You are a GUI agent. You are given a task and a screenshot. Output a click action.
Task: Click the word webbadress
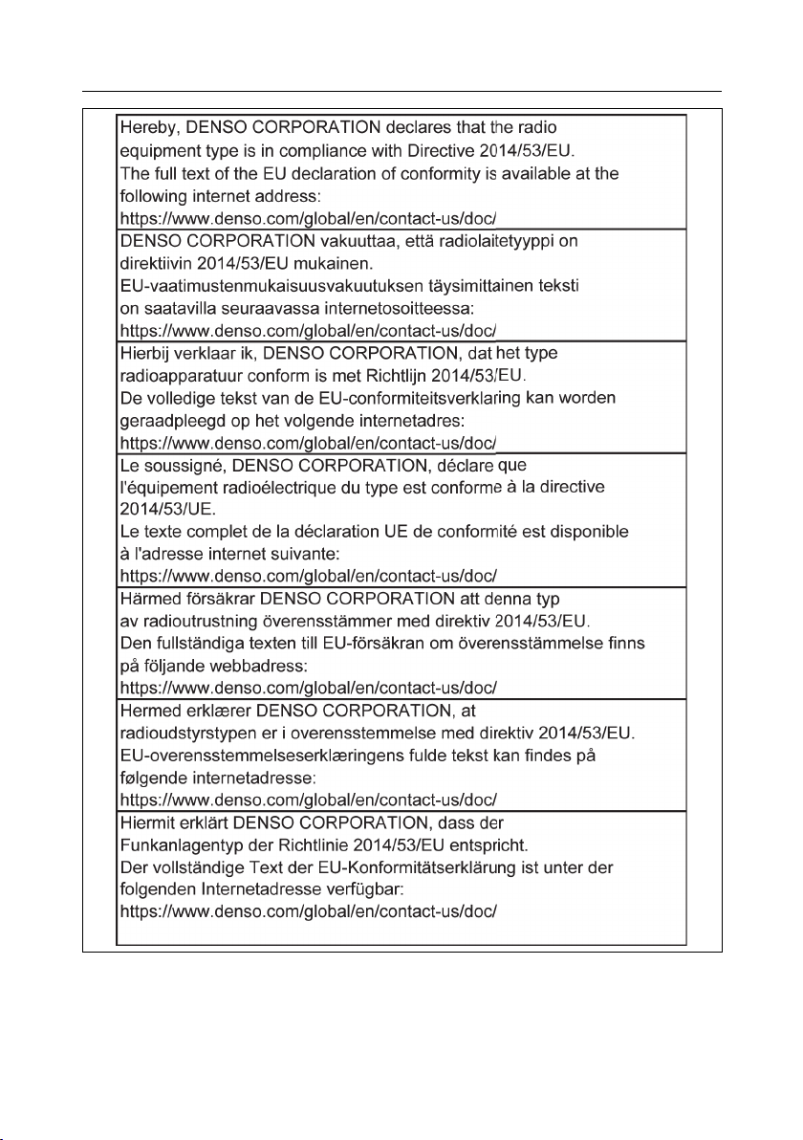tap(243, 667)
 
